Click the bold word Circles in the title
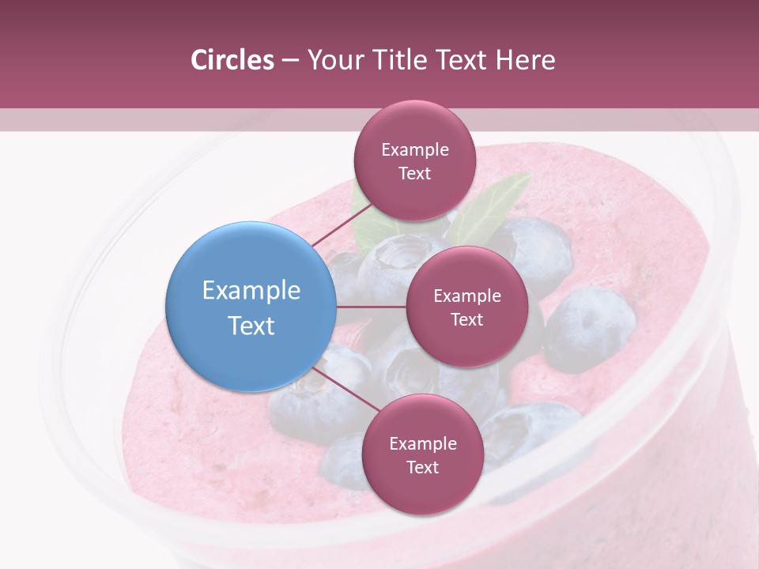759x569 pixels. (232, 60)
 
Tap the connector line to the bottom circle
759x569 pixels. (344, 390)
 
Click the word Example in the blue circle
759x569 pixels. (251, 291)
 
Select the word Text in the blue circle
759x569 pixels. (251, 326)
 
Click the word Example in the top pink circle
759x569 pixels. (414, 150)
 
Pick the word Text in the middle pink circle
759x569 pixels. (466, 319)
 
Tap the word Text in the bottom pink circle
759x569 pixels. (422, 467)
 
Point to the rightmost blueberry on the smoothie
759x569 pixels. (591, 328)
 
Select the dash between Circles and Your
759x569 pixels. (289, 61)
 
